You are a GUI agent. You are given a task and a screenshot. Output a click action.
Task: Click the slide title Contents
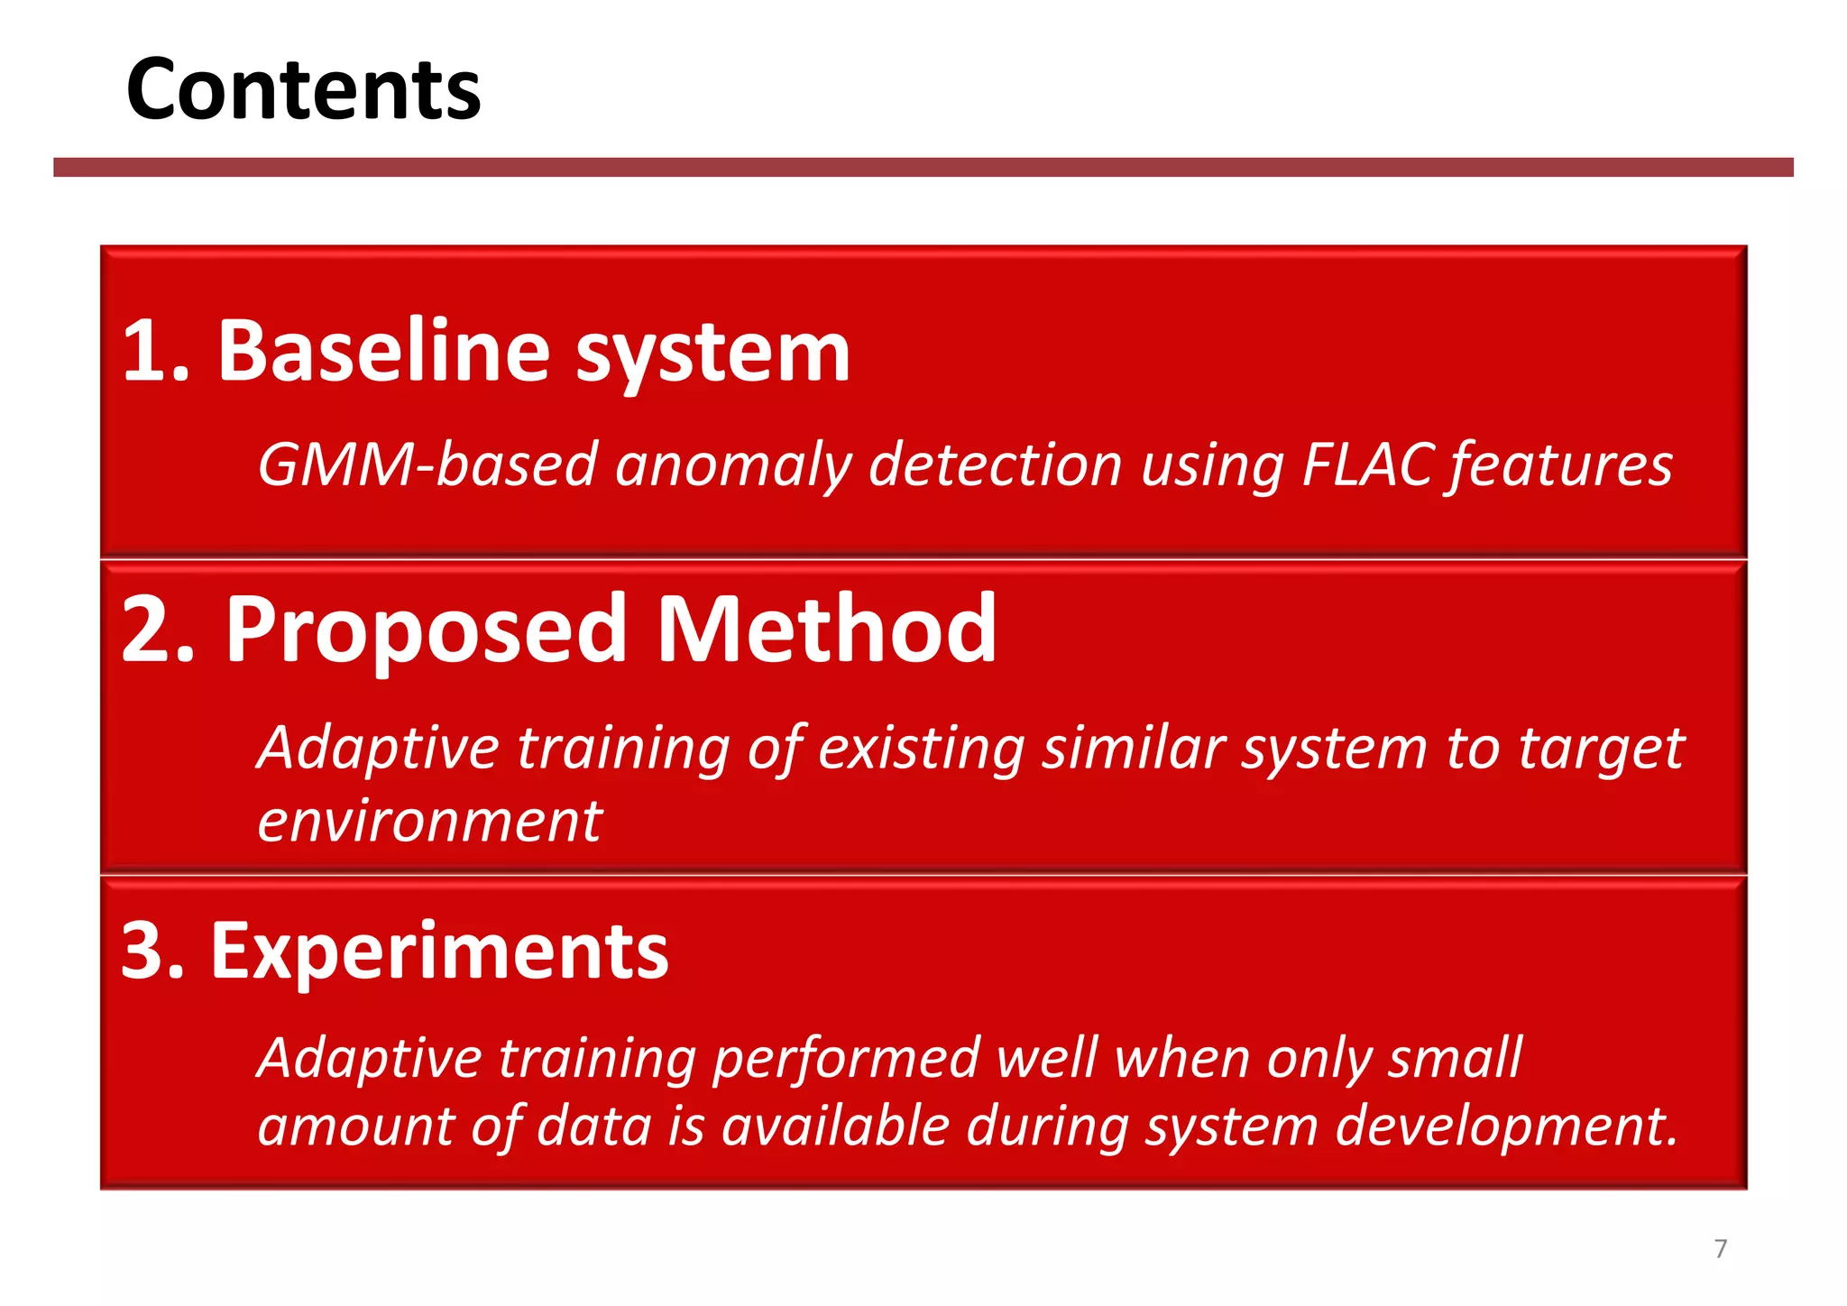coord(304,89)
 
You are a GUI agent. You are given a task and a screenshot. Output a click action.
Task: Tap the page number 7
coord(1720,1248)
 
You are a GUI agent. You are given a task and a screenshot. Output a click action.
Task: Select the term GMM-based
coord(427,465)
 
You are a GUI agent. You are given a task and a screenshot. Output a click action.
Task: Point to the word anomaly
coord(733,465)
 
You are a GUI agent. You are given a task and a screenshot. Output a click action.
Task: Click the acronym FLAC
coord(1367,465)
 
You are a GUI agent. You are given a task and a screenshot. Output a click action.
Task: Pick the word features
coord(1560,465)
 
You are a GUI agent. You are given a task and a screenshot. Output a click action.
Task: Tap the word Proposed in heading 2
coord(426,631)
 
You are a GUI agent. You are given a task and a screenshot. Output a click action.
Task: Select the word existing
coord(920,749)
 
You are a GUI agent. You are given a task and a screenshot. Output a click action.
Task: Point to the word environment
coord(429,822)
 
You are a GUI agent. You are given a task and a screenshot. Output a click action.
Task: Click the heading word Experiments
coord(439,952)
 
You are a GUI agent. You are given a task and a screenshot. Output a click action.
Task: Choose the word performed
coord(846,1059)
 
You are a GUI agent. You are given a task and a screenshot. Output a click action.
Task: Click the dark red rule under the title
coord(923,167)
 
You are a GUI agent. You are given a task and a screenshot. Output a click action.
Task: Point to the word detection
coord(995,465)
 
